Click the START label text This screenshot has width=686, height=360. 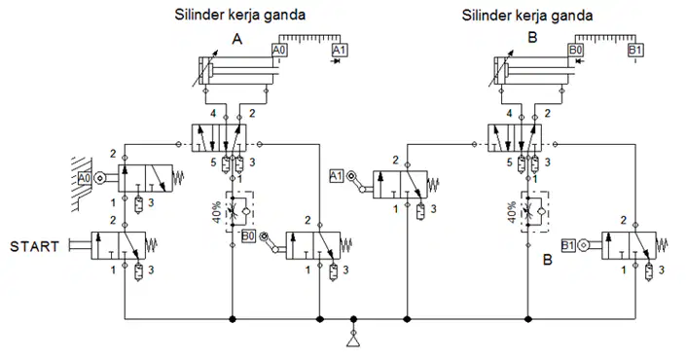[x=35, y=247]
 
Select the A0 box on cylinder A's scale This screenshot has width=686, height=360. [x=279, y=51]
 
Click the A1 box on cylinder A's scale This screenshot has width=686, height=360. [x=339, y=51]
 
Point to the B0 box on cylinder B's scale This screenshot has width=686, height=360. [x=575, y=50]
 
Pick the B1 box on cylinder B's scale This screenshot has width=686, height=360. [x=634, y=50]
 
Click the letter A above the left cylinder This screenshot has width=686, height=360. [x=236, y=39]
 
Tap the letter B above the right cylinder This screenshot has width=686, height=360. [x=532, y=38]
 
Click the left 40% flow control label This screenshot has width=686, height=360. [x=217, y=212]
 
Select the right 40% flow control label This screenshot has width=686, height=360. [x=513, y=212]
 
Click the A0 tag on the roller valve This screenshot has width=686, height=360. [x=85, y=178]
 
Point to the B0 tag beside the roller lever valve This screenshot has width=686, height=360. [x=248, y=236]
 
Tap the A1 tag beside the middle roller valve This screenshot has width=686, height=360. [x=336, y=176]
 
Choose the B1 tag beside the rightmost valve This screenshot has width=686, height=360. [x=567, y=246]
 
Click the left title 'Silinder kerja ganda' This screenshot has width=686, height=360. [x=239, y=15]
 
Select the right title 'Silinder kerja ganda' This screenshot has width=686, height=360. [x=527, y=16]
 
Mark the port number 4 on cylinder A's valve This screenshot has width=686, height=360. [x=213, y=114]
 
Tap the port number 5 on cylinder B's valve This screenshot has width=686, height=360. [x=509, y=162]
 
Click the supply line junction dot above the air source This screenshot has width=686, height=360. [x=353, y=319]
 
